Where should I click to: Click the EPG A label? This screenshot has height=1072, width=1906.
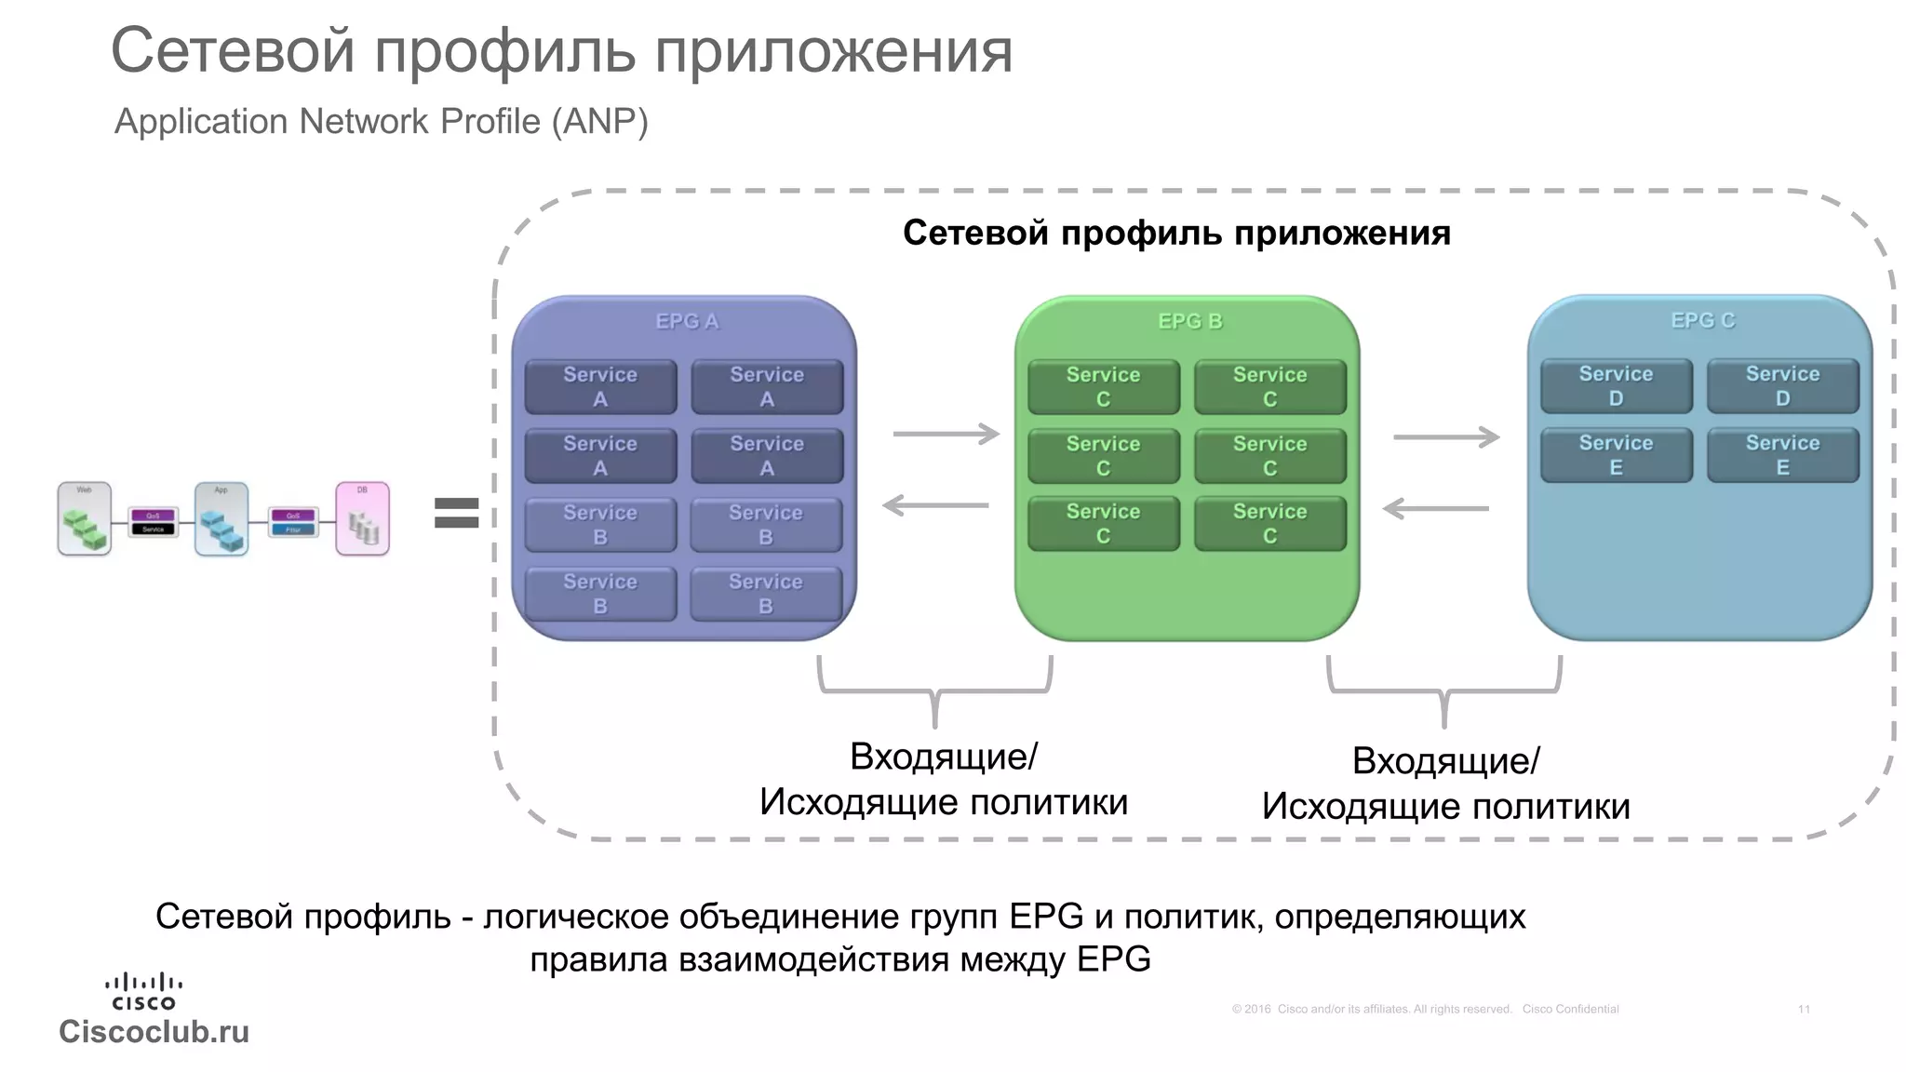[687, 321]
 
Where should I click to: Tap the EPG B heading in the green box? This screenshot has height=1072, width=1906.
[1189, 321]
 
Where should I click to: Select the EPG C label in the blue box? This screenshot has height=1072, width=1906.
[1702, 320]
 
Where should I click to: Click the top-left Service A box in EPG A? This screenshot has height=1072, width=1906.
[600, 386]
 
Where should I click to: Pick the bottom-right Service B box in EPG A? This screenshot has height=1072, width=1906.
[766, 594]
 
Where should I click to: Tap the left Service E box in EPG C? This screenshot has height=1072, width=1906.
[1616, 455]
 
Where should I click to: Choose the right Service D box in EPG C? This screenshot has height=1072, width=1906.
[1782, 386]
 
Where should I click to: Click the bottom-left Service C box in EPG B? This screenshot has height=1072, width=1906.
[1103, 524]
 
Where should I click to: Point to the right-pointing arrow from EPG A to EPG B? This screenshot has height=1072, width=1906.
[945, 434]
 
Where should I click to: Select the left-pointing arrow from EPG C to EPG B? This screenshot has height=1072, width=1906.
[1436, 508]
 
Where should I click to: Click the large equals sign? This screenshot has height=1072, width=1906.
[456, 513]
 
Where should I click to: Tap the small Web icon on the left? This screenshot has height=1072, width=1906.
[85, 518]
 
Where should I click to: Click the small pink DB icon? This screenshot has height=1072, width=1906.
[362, 518]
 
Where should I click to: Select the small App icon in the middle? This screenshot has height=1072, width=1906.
[221, 518]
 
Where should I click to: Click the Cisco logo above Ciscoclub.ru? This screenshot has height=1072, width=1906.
[143, 990]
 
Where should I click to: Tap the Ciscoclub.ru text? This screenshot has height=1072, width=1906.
[154, 1031]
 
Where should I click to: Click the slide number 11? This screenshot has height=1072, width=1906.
[1804, 1009]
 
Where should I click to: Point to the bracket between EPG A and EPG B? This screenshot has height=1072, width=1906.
[934, 690]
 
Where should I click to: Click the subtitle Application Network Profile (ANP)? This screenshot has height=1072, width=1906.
[381, 121]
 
